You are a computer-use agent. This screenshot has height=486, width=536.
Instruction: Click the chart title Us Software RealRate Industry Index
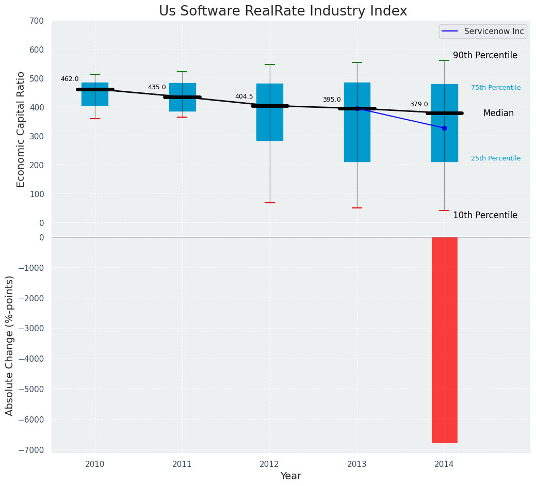pos(283,11)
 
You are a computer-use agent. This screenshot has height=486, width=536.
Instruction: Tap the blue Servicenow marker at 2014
pos(444,128)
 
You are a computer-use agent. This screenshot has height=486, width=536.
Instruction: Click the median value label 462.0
pos(70,79)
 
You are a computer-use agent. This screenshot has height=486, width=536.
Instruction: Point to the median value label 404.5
pos(244,97)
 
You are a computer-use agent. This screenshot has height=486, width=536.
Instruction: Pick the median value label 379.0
pos(419,105)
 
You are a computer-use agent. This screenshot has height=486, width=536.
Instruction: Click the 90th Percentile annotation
pos(485,56)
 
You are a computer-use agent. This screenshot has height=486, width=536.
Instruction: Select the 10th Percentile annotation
pos(485,216)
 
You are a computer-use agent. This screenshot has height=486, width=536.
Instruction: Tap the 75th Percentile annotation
pos(496,88)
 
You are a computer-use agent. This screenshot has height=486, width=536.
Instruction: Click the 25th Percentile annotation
pos(496,158)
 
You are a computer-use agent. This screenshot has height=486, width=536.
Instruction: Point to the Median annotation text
pos(498,114)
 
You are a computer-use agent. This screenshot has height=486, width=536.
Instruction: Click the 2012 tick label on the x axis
pos(269,464)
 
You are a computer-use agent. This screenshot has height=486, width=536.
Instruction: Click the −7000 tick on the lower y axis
pos(34,450)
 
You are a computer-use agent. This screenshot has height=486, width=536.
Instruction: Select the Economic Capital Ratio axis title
pos(21,129)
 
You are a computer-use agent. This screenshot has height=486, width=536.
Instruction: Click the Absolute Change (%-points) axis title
pos(10,345)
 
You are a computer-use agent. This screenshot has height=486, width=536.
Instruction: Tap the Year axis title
pos(290,476)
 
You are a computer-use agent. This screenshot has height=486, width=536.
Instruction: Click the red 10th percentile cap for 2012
pos(270,203)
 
